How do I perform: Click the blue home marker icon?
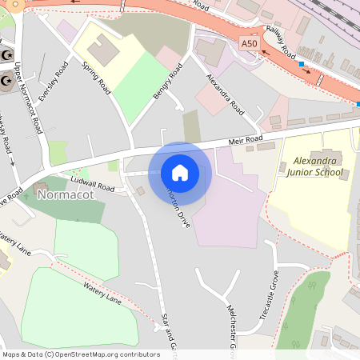pyautogui.click(x=180, y=173)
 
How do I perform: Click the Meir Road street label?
pyautogui.click(x=245, y=142)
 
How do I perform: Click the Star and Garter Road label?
pyautogui.click(x=166, y=332)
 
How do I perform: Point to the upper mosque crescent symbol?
pyautogui.click(x=8, y=54)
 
